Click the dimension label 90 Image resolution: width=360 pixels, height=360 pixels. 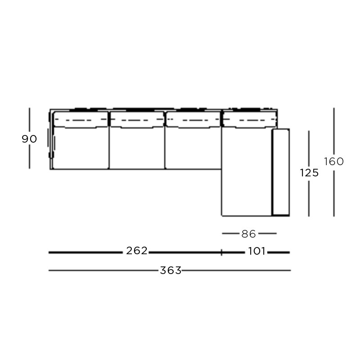point(29,139)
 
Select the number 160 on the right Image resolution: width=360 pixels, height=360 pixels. point(334,162)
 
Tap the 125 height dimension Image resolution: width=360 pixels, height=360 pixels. point(309,173)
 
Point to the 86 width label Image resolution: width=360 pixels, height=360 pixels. point(249,234)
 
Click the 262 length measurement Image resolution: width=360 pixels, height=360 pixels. point(137,251)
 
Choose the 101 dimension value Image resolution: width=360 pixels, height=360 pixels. point(256,251)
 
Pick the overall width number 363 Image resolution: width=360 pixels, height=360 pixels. point(171,270)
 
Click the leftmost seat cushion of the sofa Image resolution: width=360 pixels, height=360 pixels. point(81,148)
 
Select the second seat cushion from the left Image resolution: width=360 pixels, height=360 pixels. point(137,148)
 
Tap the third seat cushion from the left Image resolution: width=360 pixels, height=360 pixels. point(193,148)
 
